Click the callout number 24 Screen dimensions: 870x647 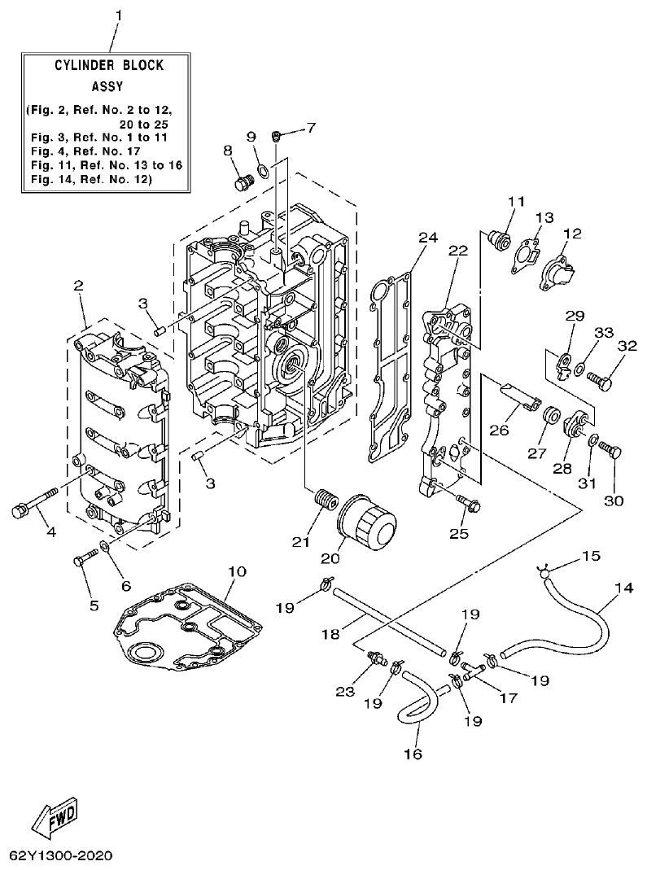[427, 238]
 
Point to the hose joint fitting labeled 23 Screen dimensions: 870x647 [377, 655]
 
